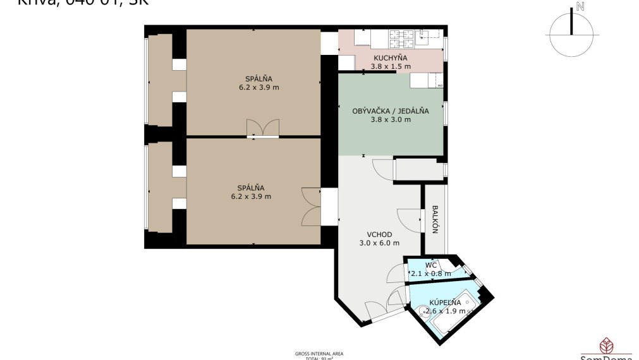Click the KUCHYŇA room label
(x=391, y=57)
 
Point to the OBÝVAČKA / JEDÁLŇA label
(x=391, y=111)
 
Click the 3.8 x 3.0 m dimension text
(x=391, y=119)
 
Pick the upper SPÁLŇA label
(x=253, y=79)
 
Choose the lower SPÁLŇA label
(x=251, y=188)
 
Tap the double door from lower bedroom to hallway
(x=312, y=207)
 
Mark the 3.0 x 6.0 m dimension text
(x=379, y=243)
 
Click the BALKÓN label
(x=435, y=219)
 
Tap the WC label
(x=430, y=265)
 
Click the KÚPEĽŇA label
(x=446, y=303)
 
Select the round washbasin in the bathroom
(x=422, y=310)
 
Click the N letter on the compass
(x=580, y=8)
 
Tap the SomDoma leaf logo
(x=606, y=345)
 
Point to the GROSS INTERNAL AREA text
(x=319, y=354)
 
